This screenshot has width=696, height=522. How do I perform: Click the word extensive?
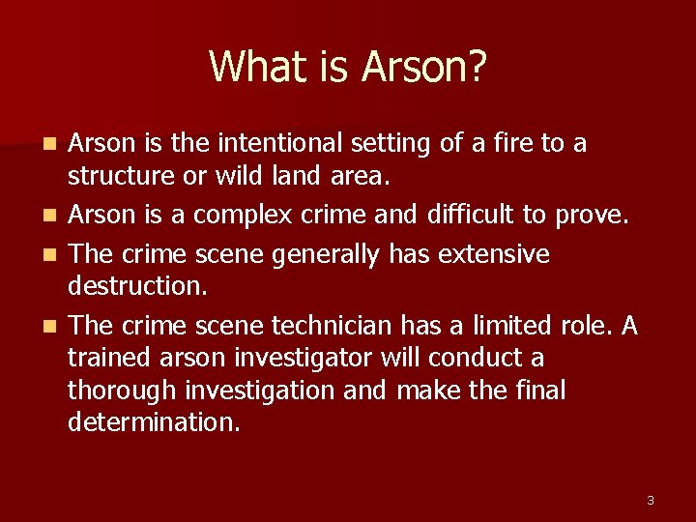tap(493, 253)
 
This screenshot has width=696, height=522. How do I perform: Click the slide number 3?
tap(650, 500)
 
